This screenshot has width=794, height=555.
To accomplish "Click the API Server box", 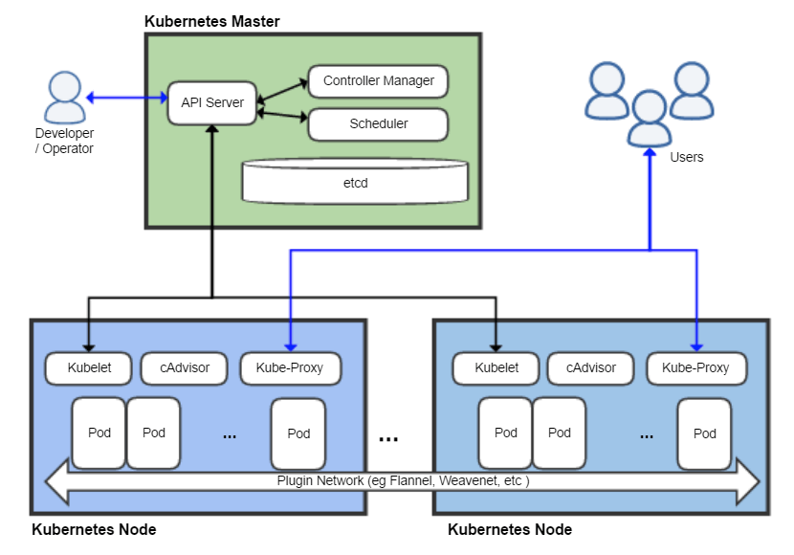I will [212, 102].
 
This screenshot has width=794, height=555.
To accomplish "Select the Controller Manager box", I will [378, 81].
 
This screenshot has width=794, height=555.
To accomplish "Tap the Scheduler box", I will [378, 123].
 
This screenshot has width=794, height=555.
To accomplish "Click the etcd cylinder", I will [355, 182].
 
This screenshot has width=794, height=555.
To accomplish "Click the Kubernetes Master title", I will [211, 21].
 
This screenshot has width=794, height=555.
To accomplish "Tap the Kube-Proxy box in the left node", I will [291, 367].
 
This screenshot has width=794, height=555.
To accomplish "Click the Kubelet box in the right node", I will [497, 367].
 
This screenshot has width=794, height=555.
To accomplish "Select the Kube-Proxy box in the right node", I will [696, 367].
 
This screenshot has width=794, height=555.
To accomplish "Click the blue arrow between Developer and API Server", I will [126, 97].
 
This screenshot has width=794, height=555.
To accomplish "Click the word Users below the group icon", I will [686, 157].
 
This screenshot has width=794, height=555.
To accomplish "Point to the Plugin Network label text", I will [403, 481].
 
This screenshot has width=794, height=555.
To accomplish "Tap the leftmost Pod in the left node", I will [99, 433].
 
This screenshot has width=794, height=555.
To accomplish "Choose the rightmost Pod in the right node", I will [705, 433].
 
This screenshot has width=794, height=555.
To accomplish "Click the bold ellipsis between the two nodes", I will [388, 438].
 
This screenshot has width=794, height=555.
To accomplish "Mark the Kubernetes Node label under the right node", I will [510, 529].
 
